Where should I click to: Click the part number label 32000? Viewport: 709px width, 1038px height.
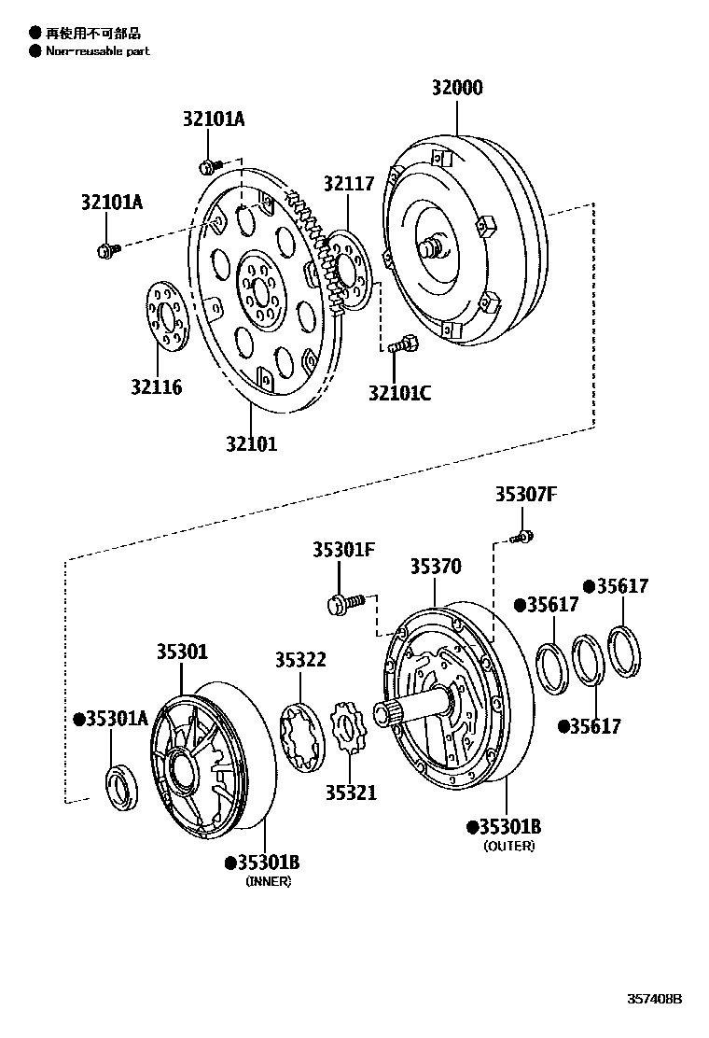coord(456,89)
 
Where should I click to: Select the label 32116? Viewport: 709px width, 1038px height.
coord(157,386)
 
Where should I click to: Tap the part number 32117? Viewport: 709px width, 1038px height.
coord(349,184)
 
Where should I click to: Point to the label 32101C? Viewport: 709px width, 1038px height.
coord(399,393)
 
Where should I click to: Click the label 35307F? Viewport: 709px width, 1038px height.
coord(525,495)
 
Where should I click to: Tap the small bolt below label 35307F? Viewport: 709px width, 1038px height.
coord(524,537)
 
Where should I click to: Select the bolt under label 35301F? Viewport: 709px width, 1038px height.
coord(343,602)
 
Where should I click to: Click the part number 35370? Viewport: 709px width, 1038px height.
coord(436,567)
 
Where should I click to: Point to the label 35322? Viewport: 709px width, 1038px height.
coord(300,659)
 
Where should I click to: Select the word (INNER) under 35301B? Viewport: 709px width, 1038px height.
coord(268,881)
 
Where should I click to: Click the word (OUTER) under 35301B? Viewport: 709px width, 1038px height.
coord(508,846)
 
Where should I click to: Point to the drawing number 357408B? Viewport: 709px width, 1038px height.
coord(653,998)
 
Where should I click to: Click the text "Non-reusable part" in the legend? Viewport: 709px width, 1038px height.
coord(97,51)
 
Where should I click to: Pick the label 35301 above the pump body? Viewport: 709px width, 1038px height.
coord(182,652)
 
